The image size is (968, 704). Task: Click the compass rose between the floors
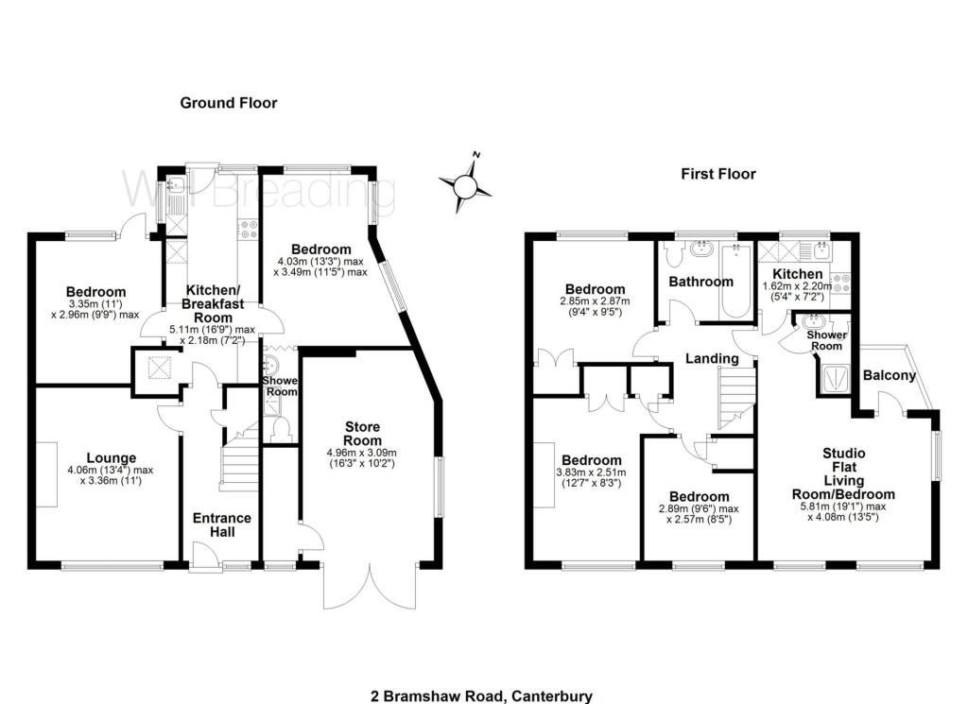coord(465,183)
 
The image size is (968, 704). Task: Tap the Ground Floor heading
coord(229,103)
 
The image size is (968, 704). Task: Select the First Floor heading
coord(718,174)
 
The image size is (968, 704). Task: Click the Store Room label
coord(362,434)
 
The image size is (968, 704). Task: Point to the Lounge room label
coord(112,457)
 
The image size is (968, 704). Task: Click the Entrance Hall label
coord(222,525)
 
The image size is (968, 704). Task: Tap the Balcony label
coord(889,375)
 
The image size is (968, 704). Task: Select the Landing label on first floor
coord(713,358)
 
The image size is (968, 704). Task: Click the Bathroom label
coord(700,282)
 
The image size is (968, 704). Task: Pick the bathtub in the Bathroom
coord(735,282)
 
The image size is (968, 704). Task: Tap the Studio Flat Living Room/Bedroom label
coord(843,473)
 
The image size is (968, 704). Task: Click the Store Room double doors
coord(370,586)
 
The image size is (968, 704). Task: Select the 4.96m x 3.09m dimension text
coord(362,453)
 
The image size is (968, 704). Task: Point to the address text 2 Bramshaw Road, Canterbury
coord(481,696)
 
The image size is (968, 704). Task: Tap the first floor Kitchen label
coord(798,274)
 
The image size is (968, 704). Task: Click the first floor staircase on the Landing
coord(736,398)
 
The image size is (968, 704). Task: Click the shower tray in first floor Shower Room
coord(837,379)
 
